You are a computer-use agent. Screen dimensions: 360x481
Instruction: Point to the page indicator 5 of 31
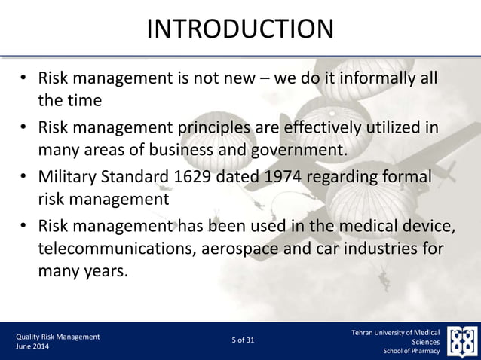243,340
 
